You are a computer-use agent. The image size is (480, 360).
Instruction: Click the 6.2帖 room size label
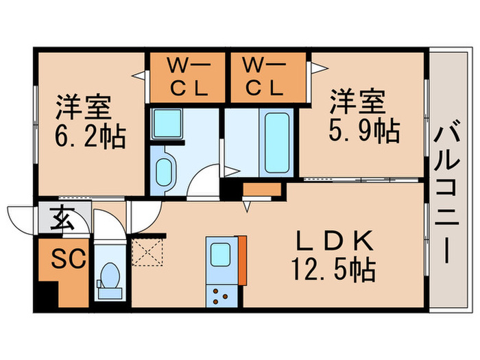90,138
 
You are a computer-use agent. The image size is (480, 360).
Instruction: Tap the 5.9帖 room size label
363,131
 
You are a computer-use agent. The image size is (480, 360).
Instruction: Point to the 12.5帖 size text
334,269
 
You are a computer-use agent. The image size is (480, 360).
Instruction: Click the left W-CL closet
187,77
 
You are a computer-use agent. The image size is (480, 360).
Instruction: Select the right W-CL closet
264,77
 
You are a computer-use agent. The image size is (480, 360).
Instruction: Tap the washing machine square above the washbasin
165,123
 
